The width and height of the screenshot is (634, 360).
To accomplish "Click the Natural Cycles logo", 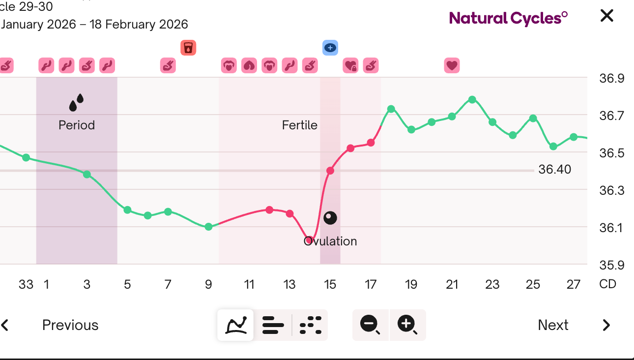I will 508,18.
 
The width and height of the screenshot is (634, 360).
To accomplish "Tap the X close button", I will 607,16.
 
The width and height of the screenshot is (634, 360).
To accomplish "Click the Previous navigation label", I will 70,325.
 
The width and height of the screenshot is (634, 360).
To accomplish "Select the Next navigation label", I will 553,325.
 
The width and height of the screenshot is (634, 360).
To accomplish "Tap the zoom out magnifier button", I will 370,325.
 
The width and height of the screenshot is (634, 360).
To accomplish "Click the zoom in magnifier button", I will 407,325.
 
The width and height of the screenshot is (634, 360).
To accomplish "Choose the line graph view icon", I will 236,325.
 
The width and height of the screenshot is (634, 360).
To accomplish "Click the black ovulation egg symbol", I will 330,217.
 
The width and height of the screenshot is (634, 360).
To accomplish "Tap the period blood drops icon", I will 76,102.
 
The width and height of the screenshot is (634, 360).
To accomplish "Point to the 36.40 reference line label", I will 555,170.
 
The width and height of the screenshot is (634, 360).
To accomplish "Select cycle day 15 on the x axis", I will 330,284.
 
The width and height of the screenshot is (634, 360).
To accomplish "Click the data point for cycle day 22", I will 472,99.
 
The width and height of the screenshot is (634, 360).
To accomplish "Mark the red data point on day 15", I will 330,171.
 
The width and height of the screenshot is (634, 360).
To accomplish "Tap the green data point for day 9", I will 208,227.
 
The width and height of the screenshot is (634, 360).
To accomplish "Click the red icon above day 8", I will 188,48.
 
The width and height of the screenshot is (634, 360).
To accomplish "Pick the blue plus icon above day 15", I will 330,48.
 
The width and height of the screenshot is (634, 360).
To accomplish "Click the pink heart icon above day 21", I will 452,65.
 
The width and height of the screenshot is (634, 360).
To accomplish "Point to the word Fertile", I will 299,125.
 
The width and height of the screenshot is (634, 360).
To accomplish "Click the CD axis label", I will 608,284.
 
